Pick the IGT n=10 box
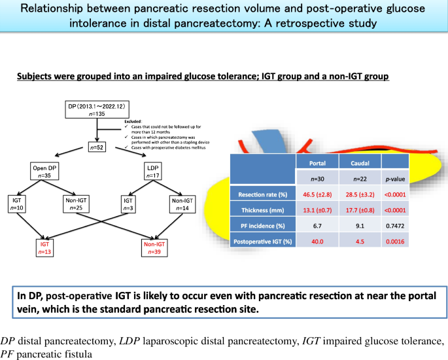(20, 203)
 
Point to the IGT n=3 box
(128, 203)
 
